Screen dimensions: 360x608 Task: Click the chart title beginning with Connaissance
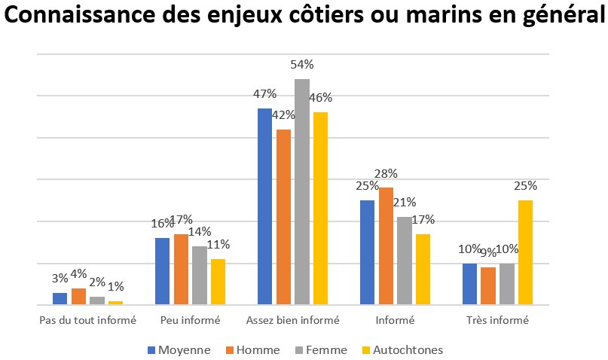[x=304, y=18]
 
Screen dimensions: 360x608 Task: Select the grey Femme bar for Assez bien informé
[x=301, y=192]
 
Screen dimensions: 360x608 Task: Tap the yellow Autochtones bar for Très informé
[x=525, y=252]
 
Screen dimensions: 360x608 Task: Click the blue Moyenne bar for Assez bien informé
[x=265, y=206]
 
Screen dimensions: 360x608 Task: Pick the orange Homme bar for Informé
[x=386, y=246]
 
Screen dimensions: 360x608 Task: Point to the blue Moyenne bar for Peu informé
[x=162, y=271]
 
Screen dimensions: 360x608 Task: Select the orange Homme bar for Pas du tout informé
[x=78, y=297]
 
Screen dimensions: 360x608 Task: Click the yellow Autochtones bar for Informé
[x=423, y=269]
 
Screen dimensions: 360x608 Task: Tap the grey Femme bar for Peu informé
[x=199, y=275]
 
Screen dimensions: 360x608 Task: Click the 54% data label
[x=301, y=66]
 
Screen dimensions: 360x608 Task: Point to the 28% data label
[x=386, y=174]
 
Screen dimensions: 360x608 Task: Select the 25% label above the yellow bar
[x=525, y=186]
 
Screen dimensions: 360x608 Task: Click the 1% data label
[x=115, y=286]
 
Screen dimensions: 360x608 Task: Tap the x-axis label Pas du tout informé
[x=87, y=320]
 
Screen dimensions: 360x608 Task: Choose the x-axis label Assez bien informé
[x=293, y=320]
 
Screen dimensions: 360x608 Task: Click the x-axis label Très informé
[x=498, y=320]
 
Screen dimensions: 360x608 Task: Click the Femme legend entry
[x=322, y=349]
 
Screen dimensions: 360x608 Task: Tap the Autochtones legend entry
[x=402, y=349]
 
